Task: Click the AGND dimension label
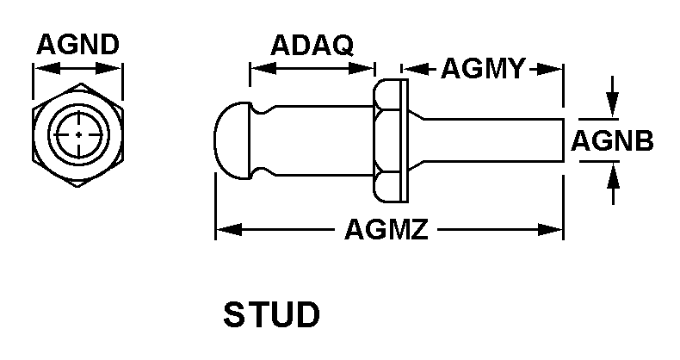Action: pos(77,45)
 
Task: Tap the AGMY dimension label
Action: pos(482,69)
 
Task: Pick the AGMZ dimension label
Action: pos(386,230)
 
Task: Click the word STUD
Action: pos(271,314)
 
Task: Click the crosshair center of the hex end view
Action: pos(78,135)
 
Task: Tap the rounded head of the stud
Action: pos(230,140)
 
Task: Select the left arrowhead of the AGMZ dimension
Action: pos(222,230)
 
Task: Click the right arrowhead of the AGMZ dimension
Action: pos(557,230)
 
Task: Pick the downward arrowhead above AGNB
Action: pos(612,109)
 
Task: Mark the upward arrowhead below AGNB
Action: pos(612,172)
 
